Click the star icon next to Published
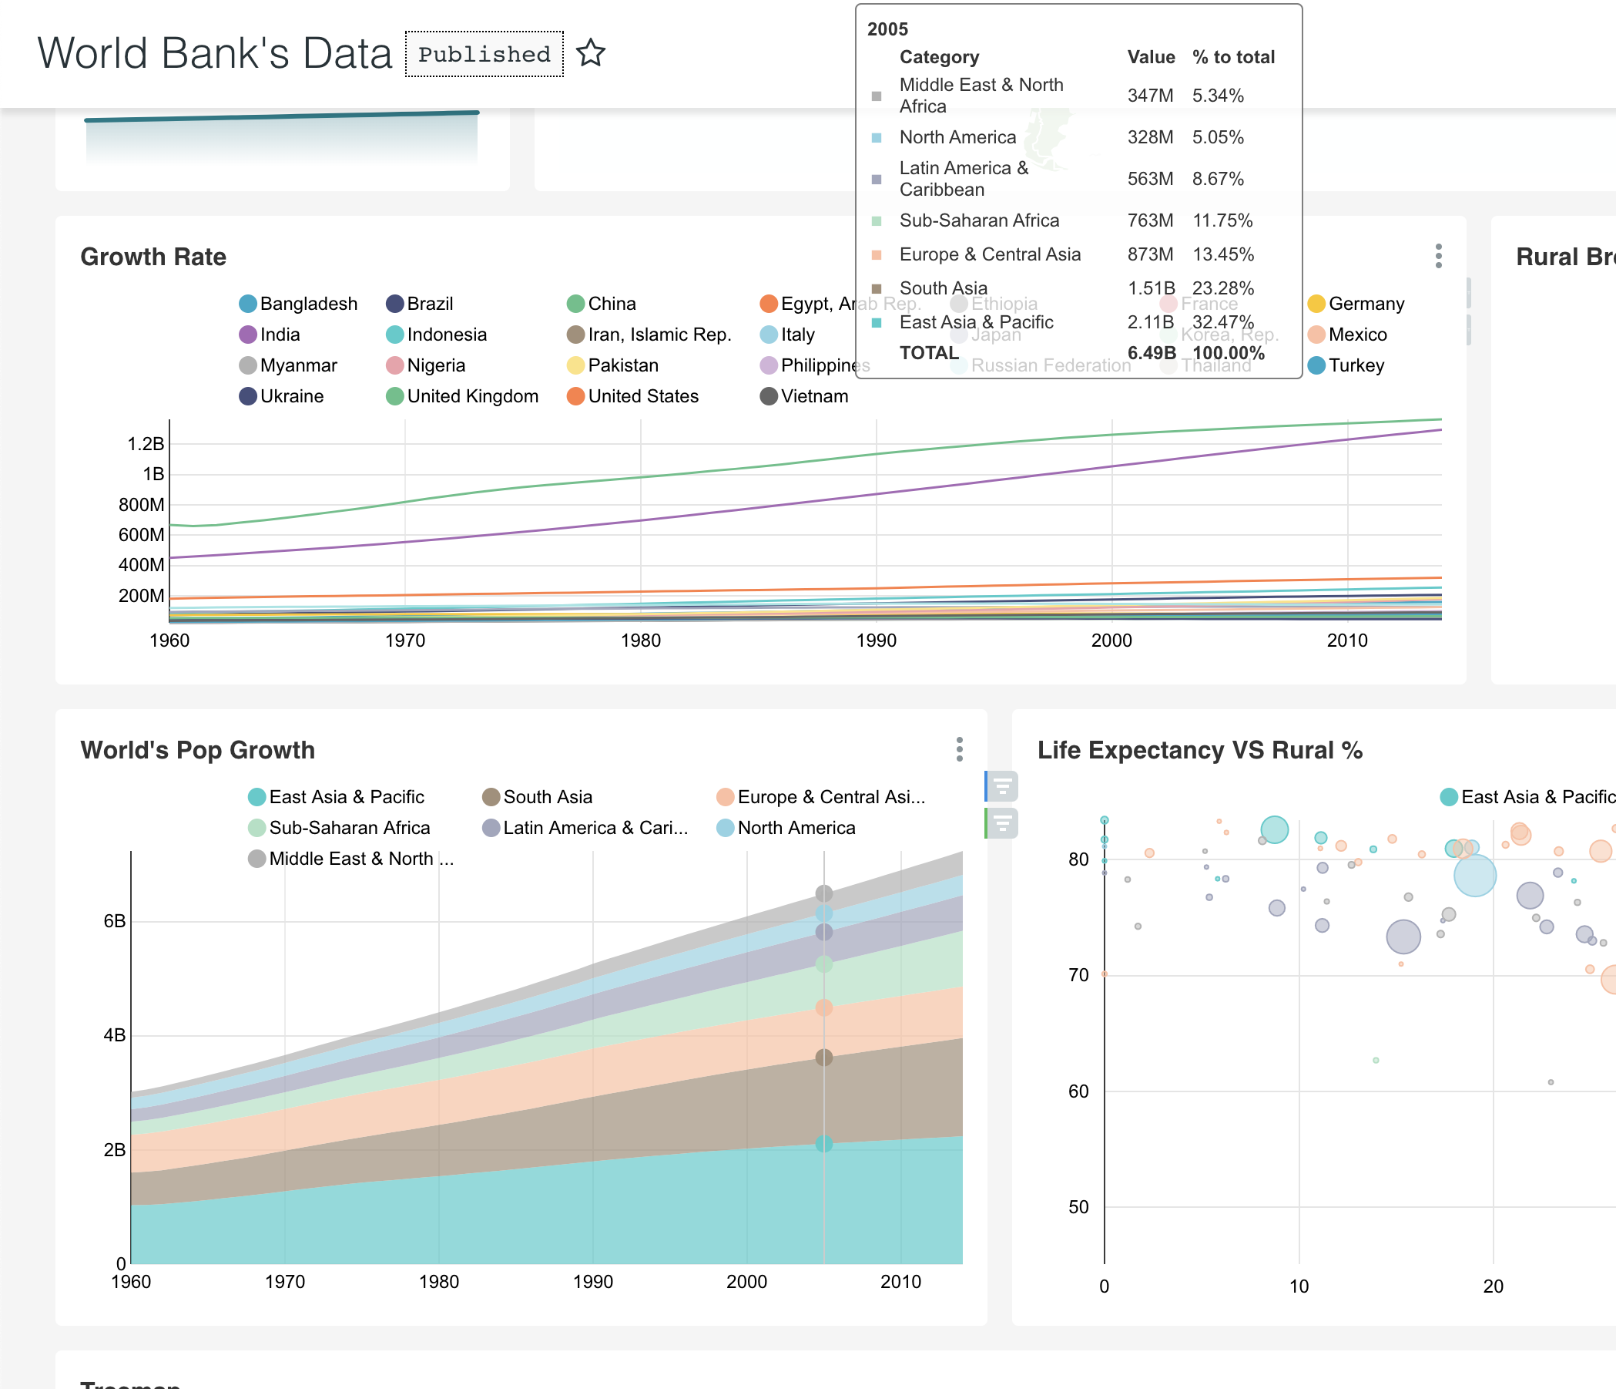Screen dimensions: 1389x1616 (x=590, y=53)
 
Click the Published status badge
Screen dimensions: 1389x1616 (x=484, y=54)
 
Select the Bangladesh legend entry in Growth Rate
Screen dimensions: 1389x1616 (x=298, y=304)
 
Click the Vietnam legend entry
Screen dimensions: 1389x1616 (x=804, y=396)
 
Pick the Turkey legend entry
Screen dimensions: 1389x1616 (x=1346, y=365)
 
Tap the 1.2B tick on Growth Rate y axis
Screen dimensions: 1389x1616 (x=146, y=444)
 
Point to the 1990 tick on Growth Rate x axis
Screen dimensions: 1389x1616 (x=876, y=641)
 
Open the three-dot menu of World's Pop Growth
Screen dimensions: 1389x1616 (x=959, y=749)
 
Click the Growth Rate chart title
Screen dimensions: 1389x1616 (x=153, y=257)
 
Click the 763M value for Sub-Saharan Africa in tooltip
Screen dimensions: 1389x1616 (x=1149, y=220)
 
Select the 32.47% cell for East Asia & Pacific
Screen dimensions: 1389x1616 (x=1222, y=322)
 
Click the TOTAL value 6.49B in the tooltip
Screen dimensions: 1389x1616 (x=1152, y=353)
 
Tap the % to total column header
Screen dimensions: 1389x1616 (x=1233, y=57)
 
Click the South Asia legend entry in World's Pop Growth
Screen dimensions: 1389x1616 (x=538, y=797)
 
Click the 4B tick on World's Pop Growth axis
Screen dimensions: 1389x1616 (x=115, y=1035)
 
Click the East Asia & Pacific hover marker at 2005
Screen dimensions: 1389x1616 (x=823, y=1144)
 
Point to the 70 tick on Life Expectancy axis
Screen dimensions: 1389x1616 (x=1078, y=975)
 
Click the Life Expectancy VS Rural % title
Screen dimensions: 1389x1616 (x=1199, y=750)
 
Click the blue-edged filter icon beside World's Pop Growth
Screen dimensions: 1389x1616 (x=1002, y=786)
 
